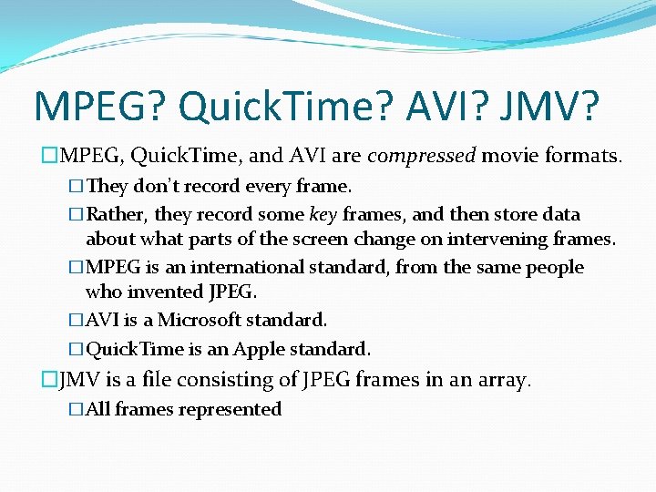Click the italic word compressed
[x=422, y=157]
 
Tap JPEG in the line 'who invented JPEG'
[x=234, y=292]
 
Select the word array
[x=504, y=380]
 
